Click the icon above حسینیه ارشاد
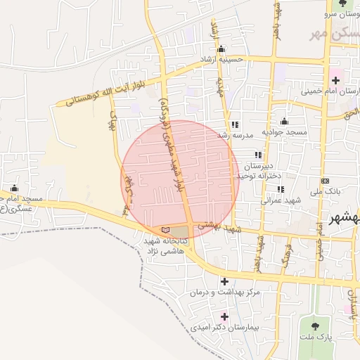221,49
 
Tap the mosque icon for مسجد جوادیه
284,121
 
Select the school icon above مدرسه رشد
234,124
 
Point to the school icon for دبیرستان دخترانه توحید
259,155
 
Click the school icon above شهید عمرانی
281,189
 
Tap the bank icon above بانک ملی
324,181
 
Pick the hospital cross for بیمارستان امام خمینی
334,72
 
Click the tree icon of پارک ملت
314,326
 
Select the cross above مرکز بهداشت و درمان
224,281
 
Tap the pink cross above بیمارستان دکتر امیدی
224,316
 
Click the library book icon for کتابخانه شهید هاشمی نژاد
165,230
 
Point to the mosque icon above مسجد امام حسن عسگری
14,188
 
